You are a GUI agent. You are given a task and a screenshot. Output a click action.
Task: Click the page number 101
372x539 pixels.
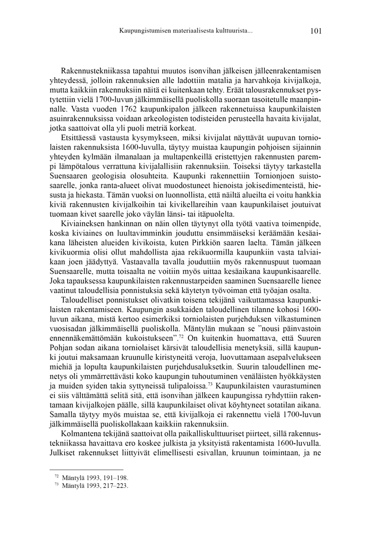tap(315, 31)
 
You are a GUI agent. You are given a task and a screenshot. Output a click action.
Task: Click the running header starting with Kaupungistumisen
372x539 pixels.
tap(186, 31)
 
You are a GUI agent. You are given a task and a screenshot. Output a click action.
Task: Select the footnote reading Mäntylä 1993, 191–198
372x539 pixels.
tap(95, 477)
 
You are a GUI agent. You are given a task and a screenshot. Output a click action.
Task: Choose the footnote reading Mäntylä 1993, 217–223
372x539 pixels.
tap(95, 485)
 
